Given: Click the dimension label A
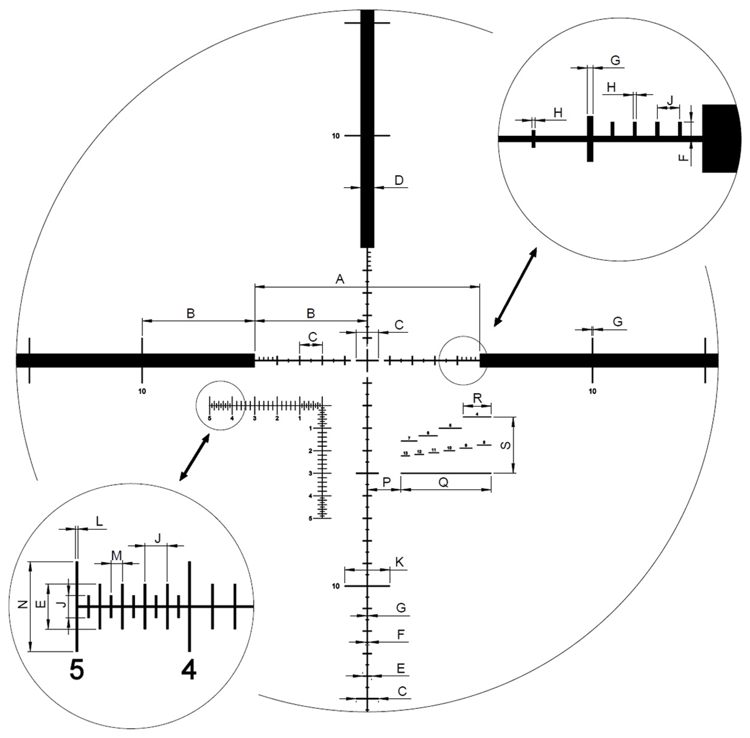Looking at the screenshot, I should [x=340, y=279].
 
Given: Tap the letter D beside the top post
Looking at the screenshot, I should [x=398, y=180].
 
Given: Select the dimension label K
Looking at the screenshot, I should [x=399, y=562].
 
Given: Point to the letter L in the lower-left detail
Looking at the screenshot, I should [x=99, y=521].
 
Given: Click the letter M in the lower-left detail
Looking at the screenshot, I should [x=116, y=555].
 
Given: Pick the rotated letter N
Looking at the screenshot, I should [x=22, y=605].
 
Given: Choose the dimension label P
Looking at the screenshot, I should [x=386, y=482].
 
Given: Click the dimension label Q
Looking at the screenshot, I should [x=443, y=482].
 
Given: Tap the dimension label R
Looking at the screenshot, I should [x=477, y=399].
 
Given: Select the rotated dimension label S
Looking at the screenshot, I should [x=506, y=444].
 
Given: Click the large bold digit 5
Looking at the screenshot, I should [x=76, y=669].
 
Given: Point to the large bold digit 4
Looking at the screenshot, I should [x=189, y=669].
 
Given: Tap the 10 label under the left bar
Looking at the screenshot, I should [x=142, y=391].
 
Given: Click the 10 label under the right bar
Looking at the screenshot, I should [x=592, y=391].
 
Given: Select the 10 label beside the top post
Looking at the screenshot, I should [x=335, y=136].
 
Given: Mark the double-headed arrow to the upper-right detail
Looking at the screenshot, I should [x=515, y=287].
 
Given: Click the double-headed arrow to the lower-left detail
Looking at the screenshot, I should [x=194, y=457].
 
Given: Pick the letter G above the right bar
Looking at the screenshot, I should [x=617, y=322].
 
